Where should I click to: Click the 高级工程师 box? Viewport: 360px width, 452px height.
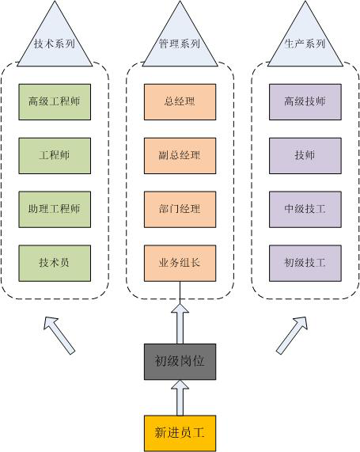[55, 102]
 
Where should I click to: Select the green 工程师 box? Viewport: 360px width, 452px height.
[55, 156]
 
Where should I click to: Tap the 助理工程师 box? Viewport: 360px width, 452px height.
[55, 209]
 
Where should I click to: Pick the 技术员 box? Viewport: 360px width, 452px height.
[55, 263]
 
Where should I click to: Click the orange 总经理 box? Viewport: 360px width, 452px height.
[180, 102]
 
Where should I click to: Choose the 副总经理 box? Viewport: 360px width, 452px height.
[180, 156]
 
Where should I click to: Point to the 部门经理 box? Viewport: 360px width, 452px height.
[180, 209]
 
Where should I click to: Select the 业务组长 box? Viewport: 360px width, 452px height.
[180, 263]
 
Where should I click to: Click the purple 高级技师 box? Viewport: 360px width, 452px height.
[305, 102]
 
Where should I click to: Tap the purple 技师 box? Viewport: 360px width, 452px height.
[305, 156]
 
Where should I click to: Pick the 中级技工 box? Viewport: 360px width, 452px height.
[305, 209]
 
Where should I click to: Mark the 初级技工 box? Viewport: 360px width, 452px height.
[305, 263]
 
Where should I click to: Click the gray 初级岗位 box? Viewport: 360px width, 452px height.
[180, 362]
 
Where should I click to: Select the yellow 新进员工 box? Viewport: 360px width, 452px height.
[180, 433]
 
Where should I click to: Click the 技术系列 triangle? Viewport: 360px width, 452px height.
[55, 44]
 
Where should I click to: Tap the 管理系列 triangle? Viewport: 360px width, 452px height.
[180, 44]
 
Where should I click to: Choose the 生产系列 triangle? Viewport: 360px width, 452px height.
[305, 44]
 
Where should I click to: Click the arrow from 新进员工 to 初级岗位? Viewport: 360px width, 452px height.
[180, 397]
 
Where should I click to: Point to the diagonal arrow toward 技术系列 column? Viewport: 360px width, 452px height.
[59, 336]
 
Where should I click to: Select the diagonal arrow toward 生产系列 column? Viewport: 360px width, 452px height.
[292, 335]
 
